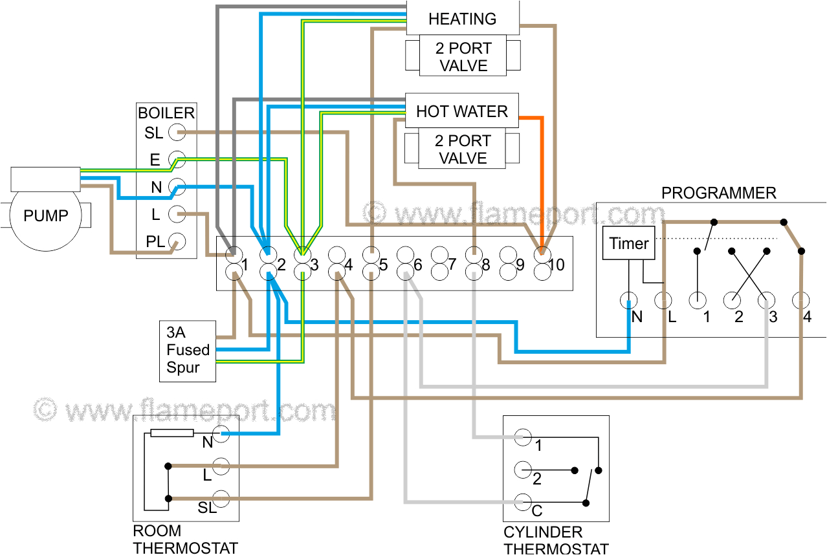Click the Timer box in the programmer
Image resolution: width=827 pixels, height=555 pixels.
point(628,243)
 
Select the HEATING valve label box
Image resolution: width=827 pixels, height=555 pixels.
point(462,18)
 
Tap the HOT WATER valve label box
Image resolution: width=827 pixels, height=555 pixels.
point(461,111)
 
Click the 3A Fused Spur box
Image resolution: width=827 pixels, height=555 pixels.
point(187,350)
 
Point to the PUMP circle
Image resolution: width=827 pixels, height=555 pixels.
point(45,215)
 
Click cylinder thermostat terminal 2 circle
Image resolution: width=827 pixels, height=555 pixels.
point(523,468)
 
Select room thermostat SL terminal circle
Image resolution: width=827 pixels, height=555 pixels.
point(222,498)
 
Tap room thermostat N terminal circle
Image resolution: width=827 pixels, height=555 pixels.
point(222,432)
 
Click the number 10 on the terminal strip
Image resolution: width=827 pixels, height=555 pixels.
point(557,265)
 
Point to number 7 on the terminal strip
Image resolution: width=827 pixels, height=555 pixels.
point(452,265)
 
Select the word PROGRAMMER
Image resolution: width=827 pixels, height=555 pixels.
point(718,193)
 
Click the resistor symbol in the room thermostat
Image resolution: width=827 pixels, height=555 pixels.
point(172,433)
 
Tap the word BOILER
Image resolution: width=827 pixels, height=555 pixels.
point(166,113)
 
